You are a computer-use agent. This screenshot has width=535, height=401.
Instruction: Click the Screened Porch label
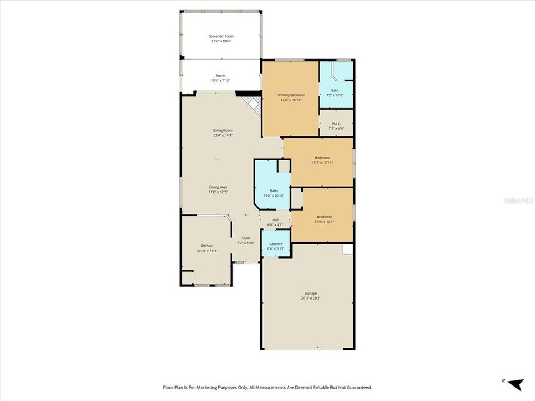tap(222, 36)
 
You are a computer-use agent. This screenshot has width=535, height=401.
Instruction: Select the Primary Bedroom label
tap(291, 95)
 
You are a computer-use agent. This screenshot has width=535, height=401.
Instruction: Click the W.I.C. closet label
tap(336, 124)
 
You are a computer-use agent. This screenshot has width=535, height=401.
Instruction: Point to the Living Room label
tap(222, 130)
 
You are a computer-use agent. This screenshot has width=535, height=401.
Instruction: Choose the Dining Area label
tap(218, 187)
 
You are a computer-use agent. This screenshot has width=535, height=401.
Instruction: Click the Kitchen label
tap(207, 246)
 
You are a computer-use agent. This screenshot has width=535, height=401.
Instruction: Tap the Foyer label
tap(246, 238)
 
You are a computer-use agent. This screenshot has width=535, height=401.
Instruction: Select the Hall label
tap(275, 220)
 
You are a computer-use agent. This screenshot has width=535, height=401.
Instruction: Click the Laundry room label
tap(276, 243)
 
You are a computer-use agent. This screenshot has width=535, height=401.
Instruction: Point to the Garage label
tap(311, 293)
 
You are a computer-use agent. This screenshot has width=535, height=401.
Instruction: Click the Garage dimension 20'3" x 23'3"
tap(311, 298)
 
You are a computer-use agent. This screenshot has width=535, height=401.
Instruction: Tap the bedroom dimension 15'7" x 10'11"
tap(322, 162)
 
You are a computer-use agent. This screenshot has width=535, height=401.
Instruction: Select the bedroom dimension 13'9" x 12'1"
tap(324, 222)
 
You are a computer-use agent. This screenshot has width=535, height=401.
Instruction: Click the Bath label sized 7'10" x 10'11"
tap(274, 191)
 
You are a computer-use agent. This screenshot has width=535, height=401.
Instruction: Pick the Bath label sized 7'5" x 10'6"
tap(334, 90)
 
